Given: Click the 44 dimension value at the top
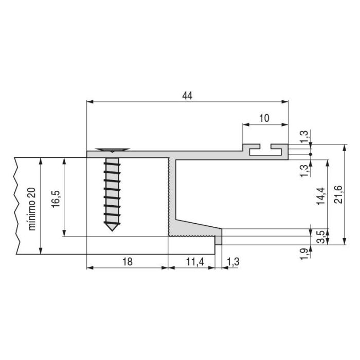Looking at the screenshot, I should (187, 96).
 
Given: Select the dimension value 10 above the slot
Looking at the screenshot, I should (264, 118).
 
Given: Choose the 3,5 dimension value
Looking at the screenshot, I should (320, 237).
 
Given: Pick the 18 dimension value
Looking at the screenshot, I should (128, 262).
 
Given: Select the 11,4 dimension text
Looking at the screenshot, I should (195, 262).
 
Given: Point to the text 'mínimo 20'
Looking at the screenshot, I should (32, 209).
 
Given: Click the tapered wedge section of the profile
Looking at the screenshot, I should (198, 227).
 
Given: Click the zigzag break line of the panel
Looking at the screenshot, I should (18, 206).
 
